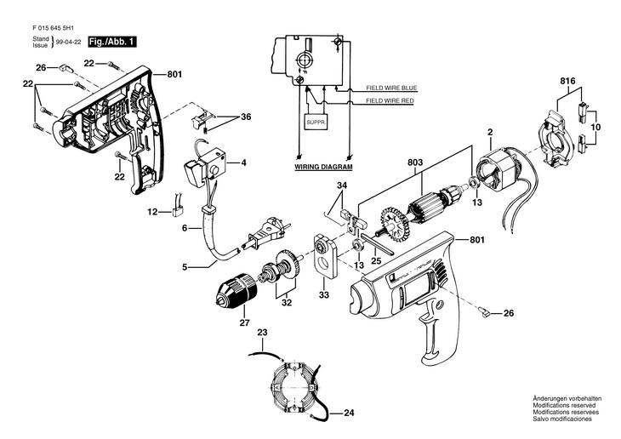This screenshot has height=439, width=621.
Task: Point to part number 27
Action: pyautogui.click(x=244, y=322)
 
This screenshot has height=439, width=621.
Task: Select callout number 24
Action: pyautogui.click(x=349, y=413)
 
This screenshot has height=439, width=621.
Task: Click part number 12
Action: pyautogui.click(x=154, y=211)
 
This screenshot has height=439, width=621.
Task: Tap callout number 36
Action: pyautogui.click(x=245, y=117)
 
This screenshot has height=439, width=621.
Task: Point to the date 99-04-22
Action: pyautogui.click(x=69, y=42)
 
